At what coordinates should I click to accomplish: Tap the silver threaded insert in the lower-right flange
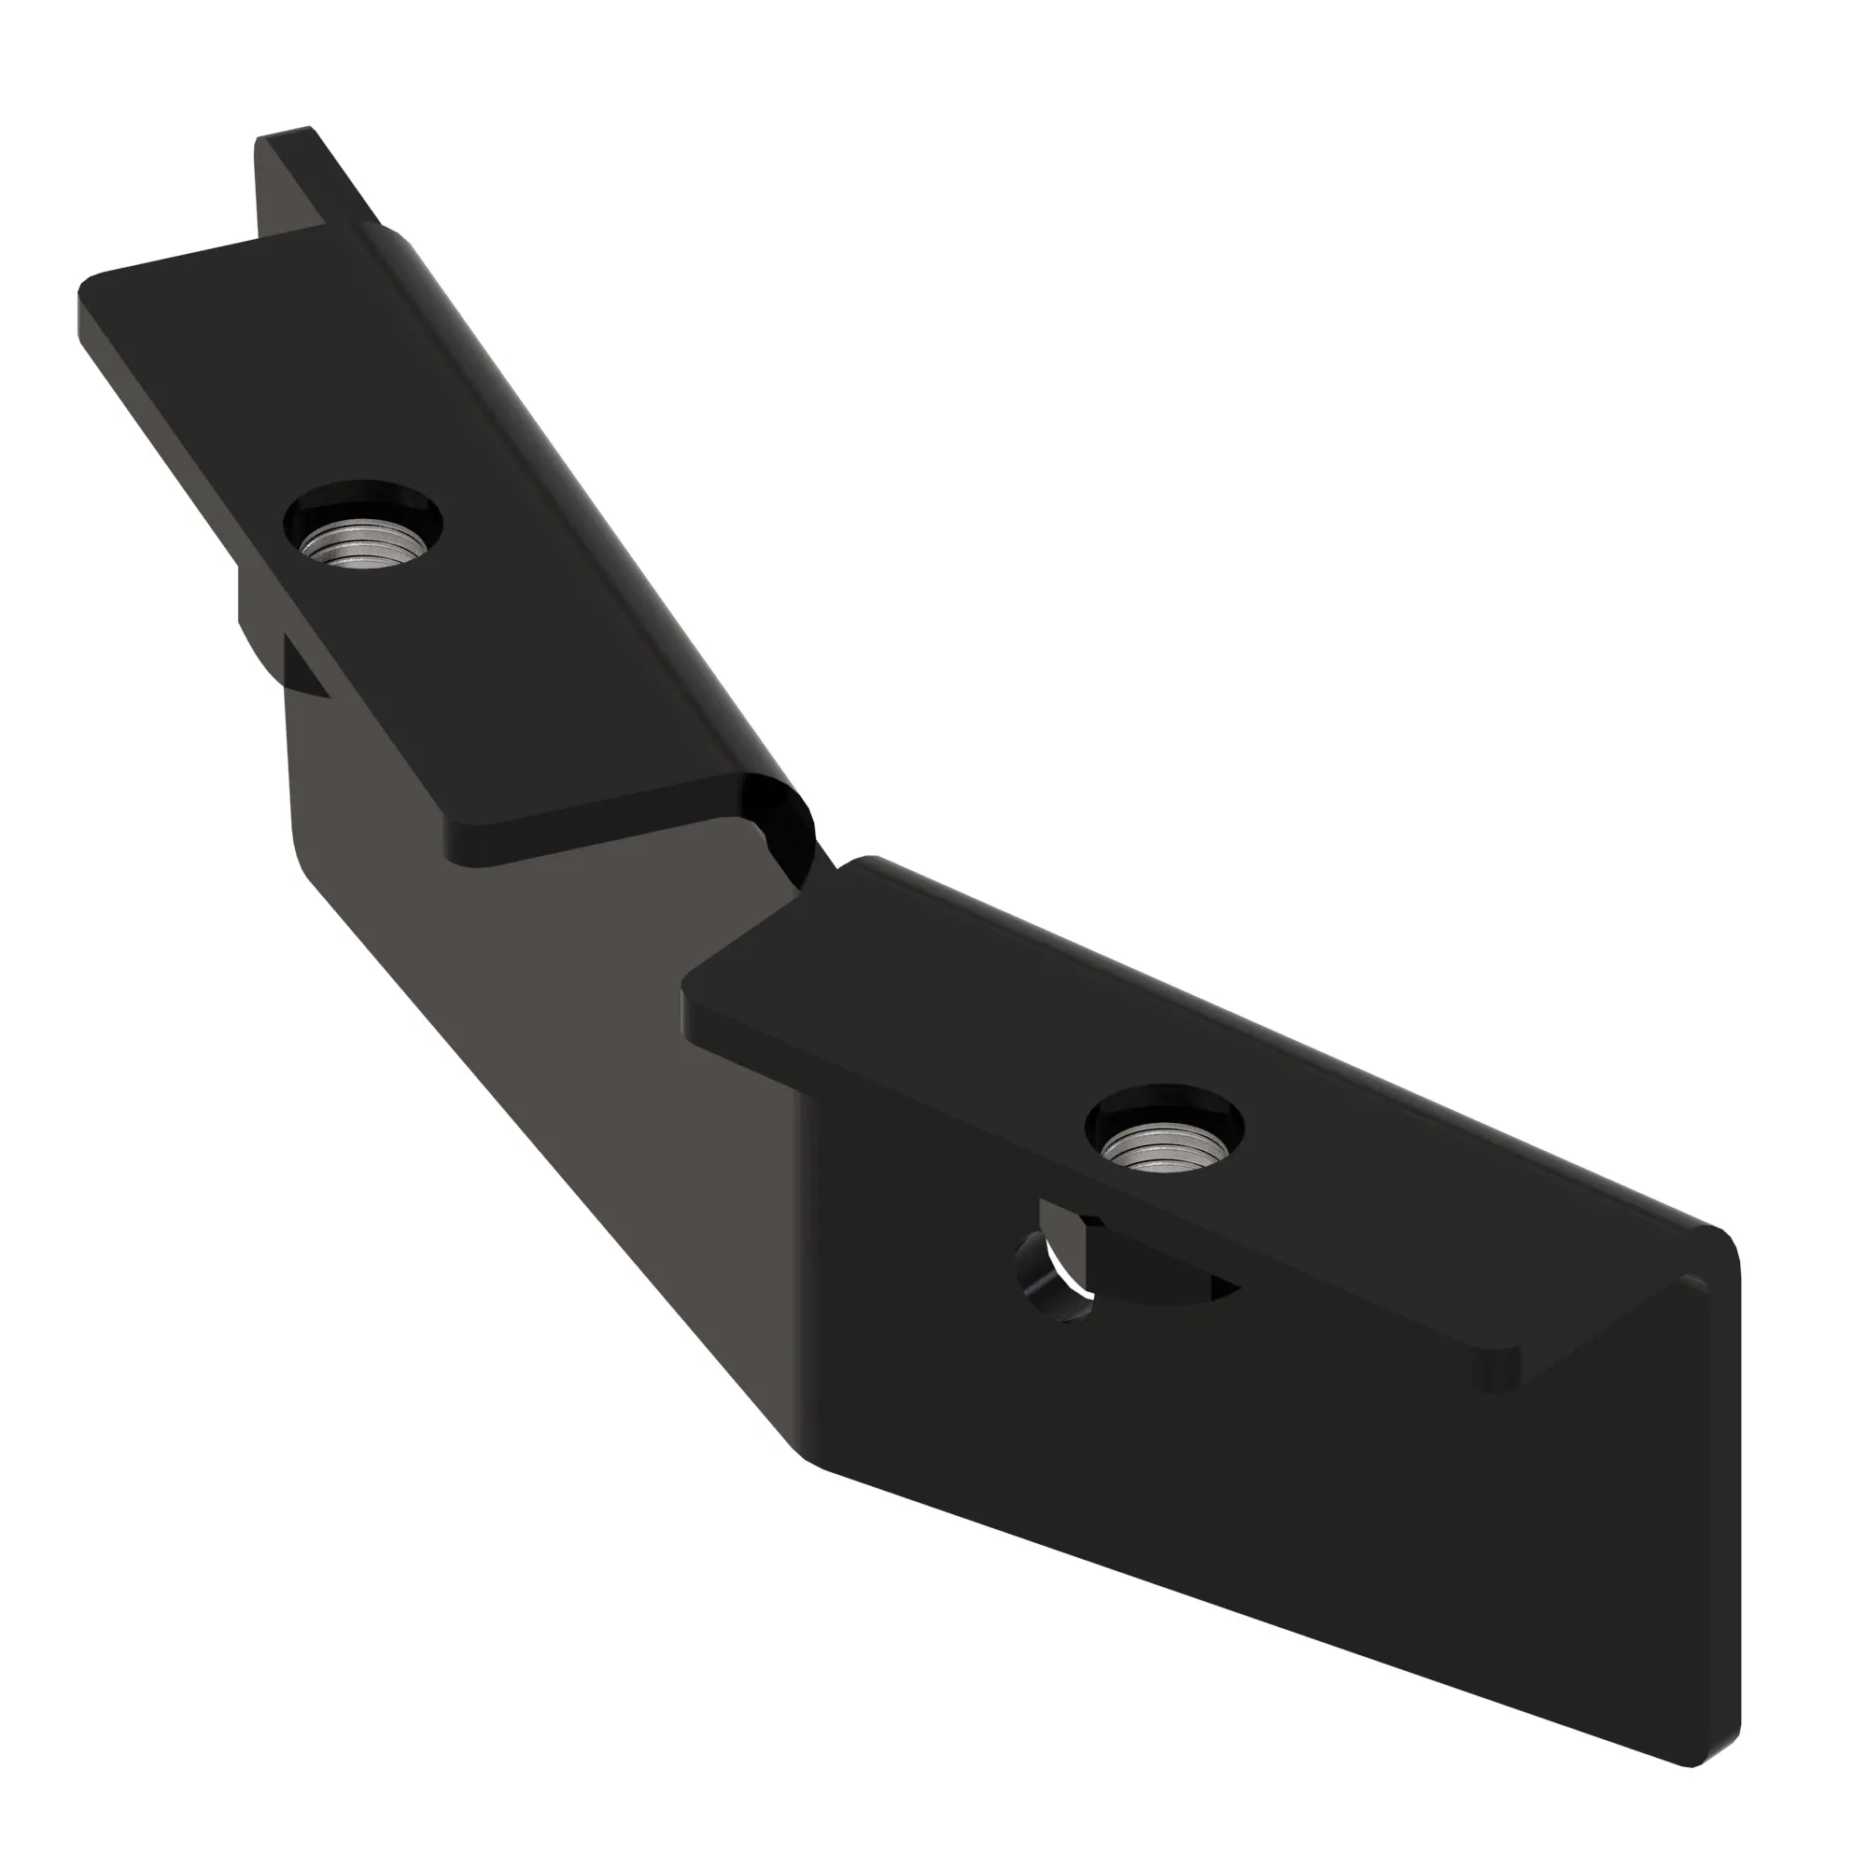click(1164, 1149)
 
